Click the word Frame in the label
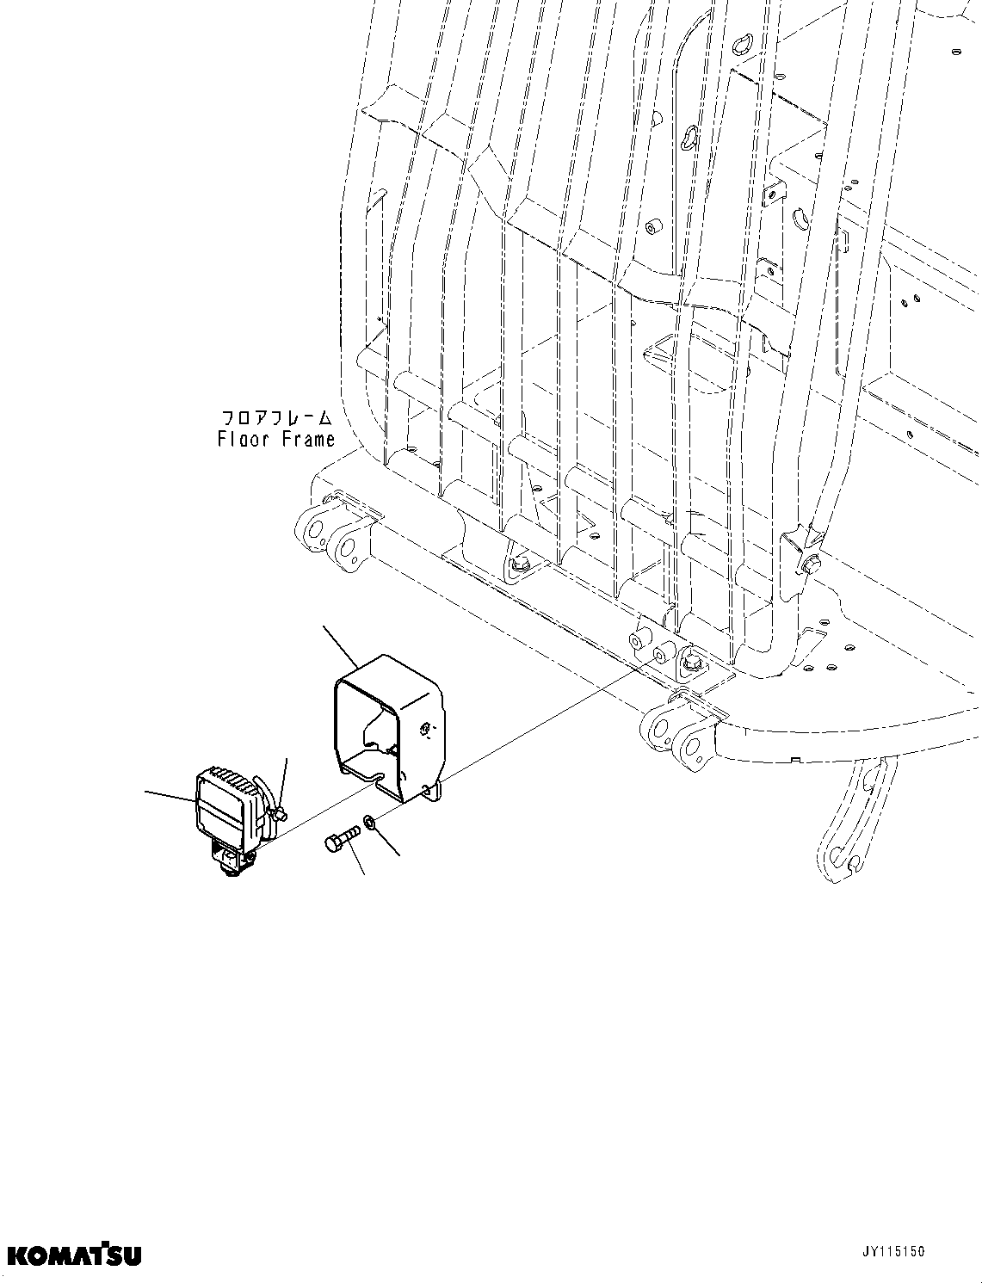(311, 440)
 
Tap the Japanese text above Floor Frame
(276, 418)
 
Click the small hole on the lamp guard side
(425, 731)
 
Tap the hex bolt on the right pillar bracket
(812, 565)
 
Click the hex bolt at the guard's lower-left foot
(520, 564)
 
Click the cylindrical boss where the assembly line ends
(661, 656)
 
